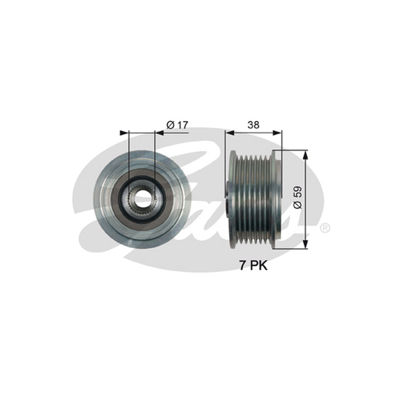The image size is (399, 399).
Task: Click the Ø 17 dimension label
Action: click(x=177, y=125)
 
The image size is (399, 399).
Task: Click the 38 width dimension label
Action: click(x=253, y=125)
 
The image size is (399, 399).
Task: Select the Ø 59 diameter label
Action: click(x=297, y=198)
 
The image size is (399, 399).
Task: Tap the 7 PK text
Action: click(x=253, y=266)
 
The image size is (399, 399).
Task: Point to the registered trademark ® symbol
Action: click(x=325, y=228)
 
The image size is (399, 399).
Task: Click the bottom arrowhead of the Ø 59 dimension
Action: click(x=306, y=244)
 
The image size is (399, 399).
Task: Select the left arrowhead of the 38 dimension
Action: click(x=230, y=133)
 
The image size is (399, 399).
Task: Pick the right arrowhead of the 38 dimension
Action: click(x=277, y=133)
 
